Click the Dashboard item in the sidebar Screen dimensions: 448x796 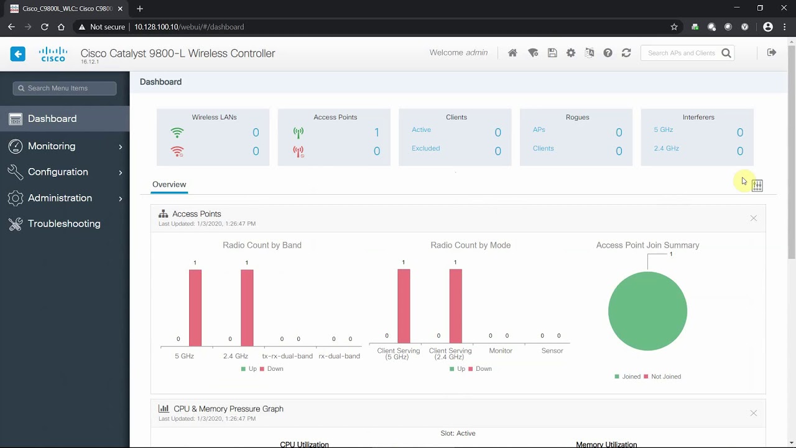[x=52, y=119]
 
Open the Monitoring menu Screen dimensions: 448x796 [x=52, y=146]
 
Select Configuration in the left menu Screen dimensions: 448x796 [x=58, y=172]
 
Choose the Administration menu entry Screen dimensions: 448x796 [x=60, y=198]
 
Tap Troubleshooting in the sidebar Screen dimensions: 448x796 [x=64, y=223]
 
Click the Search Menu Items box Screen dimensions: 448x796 [x=65, y=88]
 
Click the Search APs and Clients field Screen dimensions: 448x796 [x=682, y=53]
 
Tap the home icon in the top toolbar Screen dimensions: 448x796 [x=512, y=53]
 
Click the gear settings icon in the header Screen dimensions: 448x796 [x=571, y=53]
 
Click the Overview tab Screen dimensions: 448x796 [x=169, y=184]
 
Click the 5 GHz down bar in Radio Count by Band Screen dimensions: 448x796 [x=195, y=307]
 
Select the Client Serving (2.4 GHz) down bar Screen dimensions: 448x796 [x=455, y=306]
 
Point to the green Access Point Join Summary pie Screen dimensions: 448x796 [x=647, y=311]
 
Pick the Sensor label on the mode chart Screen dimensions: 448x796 [x=552, y=351]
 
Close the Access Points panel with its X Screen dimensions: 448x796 [x=753, y=218]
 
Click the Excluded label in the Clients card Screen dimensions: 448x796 [x=425, y=148]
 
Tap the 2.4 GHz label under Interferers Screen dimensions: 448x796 [x=666, y=148]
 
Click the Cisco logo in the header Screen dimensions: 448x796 [x=53, y=54]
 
